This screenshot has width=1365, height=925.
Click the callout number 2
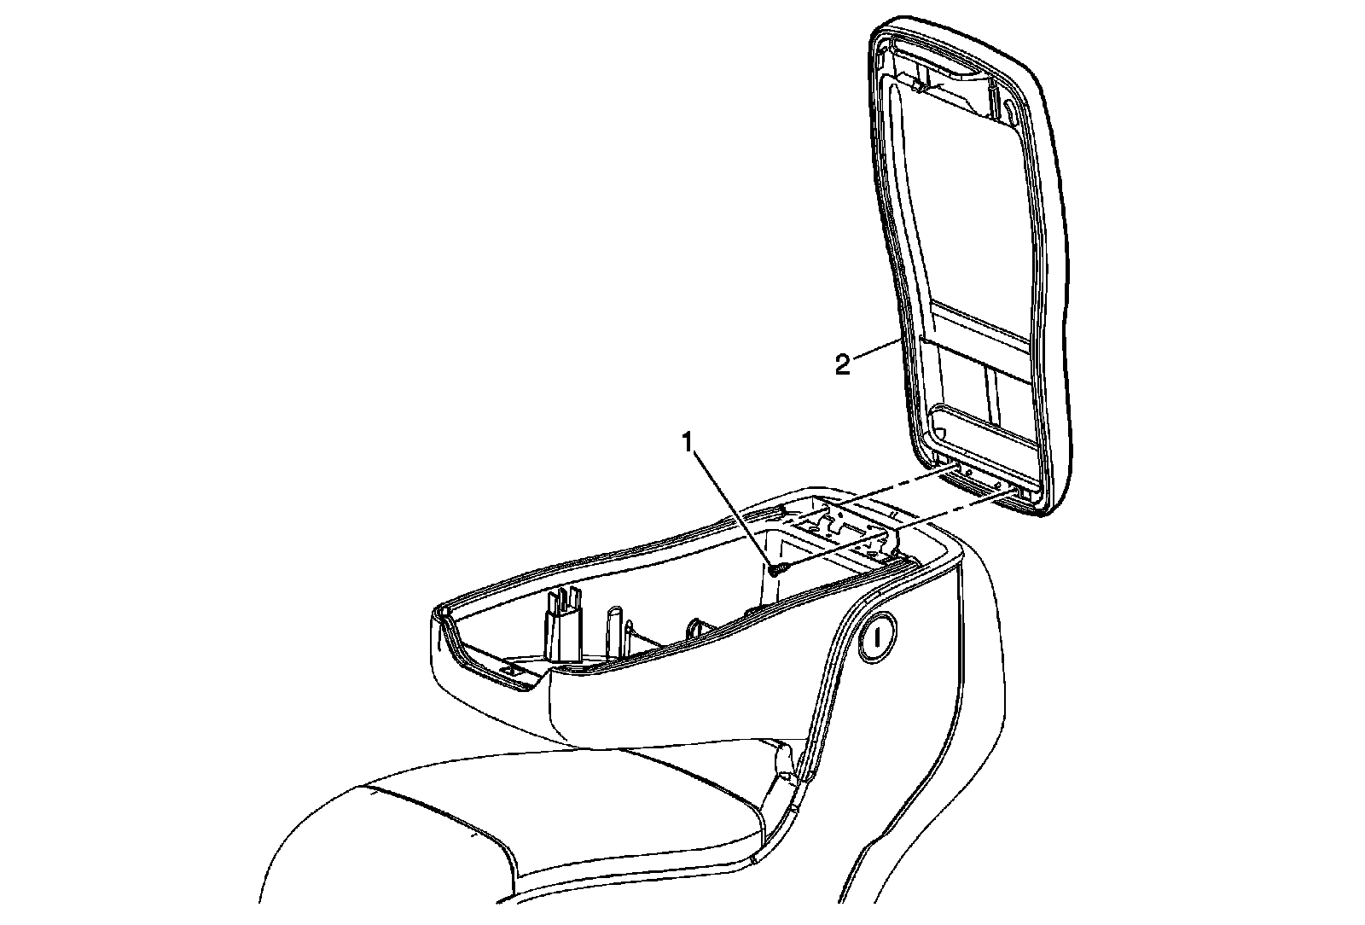843,366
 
